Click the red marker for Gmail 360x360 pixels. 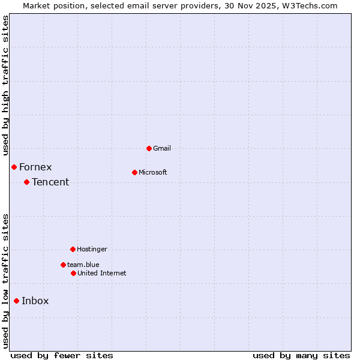pyautogui.click(x=149, y=148)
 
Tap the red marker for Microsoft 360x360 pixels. pyautogui.click(x=134, y=172)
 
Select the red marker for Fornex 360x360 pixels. pyautogui.click(x=14, y=167)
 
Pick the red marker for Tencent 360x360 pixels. pyautogui.click(x=26, y=182)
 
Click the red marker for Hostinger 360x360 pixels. pyautogui.click(x=73, y=249)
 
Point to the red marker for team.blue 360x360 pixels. pyautogui.click(x=63, y=265)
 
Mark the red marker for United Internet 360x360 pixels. pyautogui.click(x=73, y=273)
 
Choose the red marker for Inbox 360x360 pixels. pyautogui.click(x=16, y=301)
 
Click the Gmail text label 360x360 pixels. pyautogui.click(x=161, y=148)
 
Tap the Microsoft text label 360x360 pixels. pyautogui.click(x=153, y=172)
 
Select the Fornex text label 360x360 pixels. pyautogui.click(x=35, y=167)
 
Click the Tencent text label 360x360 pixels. pyautogui.click(x=50, y=182)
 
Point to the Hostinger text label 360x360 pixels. pyautogui.click(x=92, y=249)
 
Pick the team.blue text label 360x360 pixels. pyautogui.click(x=83, y=265)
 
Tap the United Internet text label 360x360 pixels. pyautogui.click(x=102, y=273)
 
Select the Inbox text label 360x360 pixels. pyautogui.click(x=35, y=301)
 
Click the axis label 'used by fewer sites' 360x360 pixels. pyautogui.click(x=62, y=355)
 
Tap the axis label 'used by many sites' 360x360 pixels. pyautogui.click(x=301, y=355)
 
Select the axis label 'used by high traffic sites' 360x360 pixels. pyautogui.click(x=5, y=85)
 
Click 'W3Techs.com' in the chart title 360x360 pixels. pyautogui.click(x=310, y=5)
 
